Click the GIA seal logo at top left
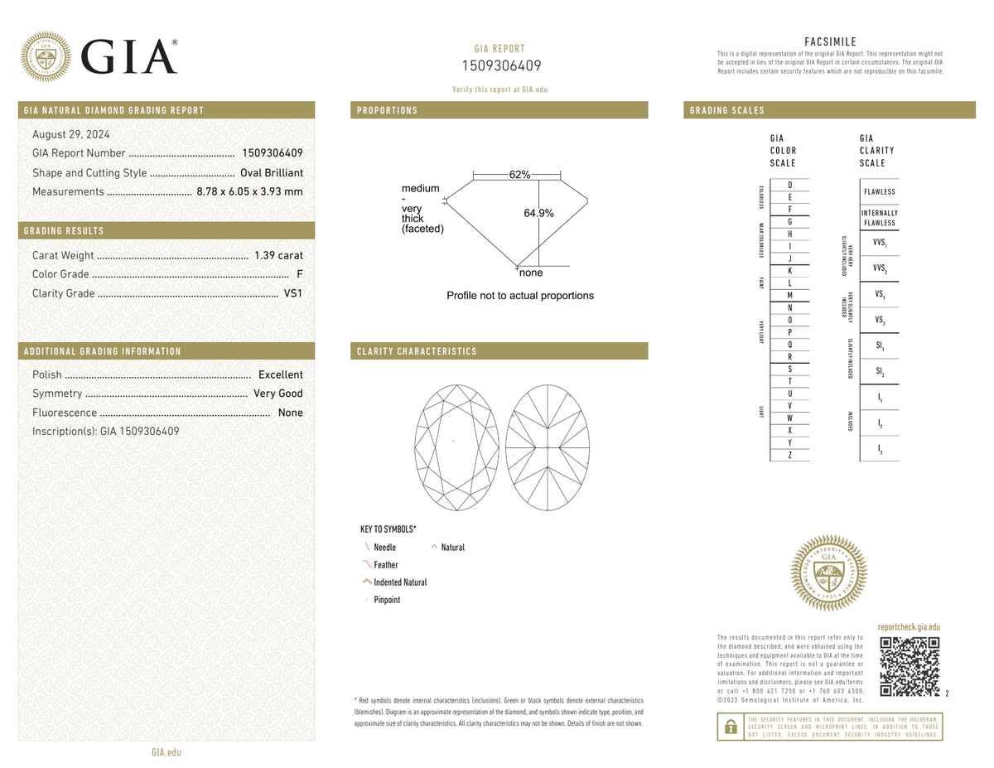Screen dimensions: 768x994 (46, 56)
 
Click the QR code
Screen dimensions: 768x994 (910, 667)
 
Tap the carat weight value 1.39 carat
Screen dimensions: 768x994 (278, 255)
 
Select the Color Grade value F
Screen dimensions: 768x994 (299, 274)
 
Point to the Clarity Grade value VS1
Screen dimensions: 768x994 (293, 293)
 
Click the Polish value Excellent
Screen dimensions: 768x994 (280, 374)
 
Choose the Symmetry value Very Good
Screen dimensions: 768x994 (278, 394)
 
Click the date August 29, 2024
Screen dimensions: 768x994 (70, 134)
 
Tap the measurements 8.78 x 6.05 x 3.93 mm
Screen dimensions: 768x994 (249, 191)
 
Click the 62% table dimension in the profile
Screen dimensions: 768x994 (519, 175)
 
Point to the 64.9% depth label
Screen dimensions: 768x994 (538, 213)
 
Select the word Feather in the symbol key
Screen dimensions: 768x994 (386, 565)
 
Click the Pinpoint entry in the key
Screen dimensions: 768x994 (387, 600)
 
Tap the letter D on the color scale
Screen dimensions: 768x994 (789, 184)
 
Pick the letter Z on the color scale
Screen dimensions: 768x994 (789, 455)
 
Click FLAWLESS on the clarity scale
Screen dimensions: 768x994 (879, 191)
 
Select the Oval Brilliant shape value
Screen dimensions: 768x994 (271, 173)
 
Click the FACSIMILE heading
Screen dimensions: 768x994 (830, 41)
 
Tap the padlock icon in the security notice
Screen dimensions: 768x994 (731, 727)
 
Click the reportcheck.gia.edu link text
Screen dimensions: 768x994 (909, 628)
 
